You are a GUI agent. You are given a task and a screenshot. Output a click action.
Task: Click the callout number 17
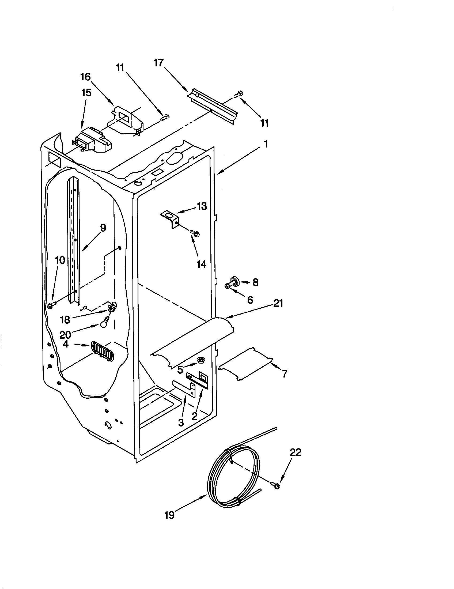click(159, 63)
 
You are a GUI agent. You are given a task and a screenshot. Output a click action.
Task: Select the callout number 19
click(169, 515)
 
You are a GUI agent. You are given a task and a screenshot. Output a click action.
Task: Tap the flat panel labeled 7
click(245, 364)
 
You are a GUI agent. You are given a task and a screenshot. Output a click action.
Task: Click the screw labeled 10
click(51, 305)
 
